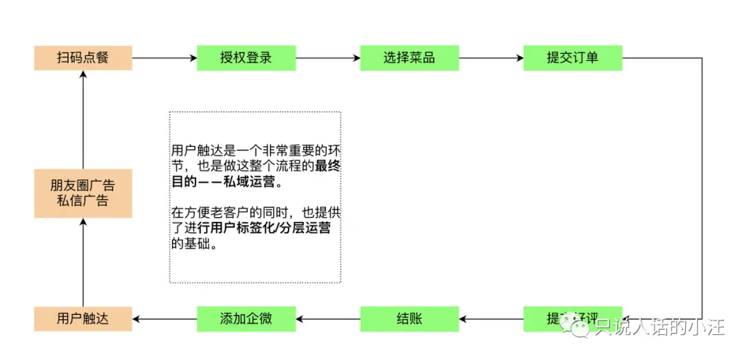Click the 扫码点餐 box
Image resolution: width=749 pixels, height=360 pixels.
(83, 58)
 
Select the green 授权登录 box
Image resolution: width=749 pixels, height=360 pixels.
(246, 58)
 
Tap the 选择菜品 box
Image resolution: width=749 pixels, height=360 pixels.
(409, 58)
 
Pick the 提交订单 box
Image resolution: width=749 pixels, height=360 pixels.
(573, 58)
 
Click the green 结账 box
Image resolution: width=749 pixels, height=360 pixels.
(409, 319)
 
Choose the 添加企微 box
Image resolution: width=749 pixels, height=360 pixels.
(246, 319)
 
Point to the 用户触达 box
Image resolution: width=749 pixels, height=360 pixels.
(83, 319)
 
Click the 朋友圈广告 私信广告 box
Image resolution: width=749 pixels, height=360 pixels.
(83, 194)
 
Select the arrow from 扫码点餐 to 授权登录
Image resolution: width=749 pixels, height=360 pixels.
(164, 58)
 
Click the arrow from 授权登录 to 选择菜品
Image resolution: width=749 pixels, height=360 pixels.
(328, 58)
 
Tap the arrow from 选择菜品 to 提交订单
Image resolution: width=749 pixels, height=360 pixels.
(491, 58)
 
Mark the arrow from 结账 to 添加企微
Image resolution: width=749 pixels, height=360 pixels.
(328, 319)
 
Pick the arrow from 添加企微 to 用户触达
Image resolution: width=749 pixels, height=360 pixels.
(164, 319)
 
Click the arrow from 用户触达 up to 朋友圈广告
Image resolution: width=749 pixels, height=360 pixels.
(83, 262)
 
